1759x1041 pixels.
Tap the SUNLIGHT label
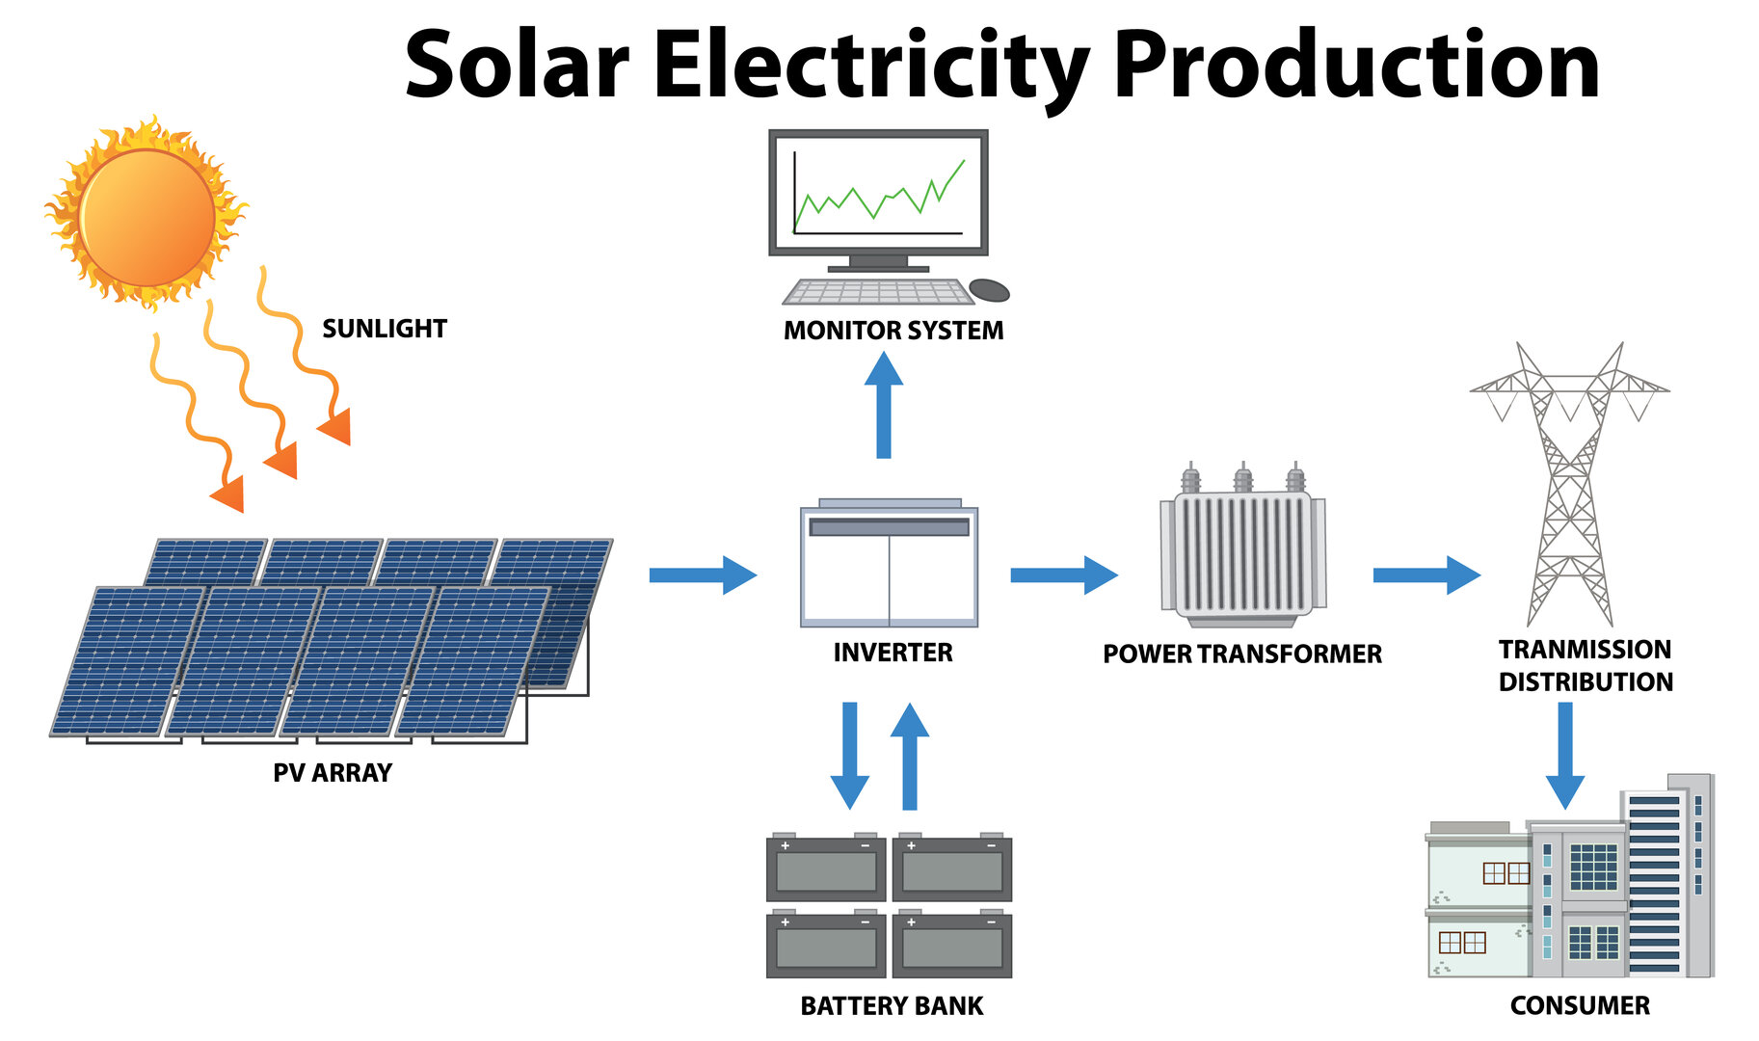(384, 329)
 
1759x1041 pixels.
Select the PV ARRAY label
(333, 773)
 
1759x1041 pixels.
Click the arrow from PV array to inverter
(702, 575)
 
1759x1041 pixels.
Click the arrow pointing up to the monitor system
(884, 405)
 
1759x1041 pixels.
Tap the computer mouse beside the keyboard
(989, 289)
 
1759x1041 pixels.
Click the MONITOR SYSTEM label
(893, 331)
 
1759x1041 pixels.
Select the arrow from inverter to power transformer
(1063, 575)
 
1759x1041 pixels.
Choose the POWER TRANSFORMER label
(1242, 654)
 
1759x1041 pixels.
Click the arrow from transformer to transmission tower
(1426, 575)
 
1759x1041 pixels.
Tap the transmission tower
(1569, 482)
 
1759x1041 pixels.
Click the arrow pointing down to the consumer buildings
(1565, 754)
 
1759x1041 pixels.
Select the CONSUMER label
(1580, 1006)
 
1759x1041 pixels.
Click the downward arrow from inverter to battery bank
(849, 755)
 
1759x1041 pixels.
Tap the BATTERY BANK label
(892, 1006)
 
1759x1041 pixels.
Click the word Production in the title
(1355, 66)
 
